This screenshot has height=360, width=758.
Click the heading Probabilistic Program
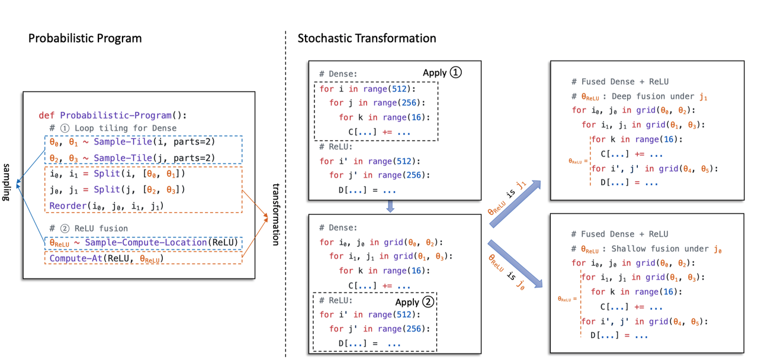pyautogui.click(x=85, y=38)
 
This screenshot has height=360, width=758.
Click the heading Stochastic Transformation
pyautogui.click(x=367, y=38)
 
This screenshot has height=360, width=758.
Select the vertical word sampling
pyautogui.click(x=8, y=183)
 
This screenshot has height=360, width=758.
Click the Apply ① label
pyautogui.click(x=441, y=73)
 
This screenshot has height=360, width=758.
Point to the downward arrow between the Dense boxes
pyautogui.click(x=390, y=205)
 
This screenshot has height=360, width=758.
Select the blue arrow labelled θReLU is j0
pyautogui.click(x=515, y=263)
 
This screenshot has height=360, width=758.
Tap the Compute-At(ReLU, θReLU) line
pyautogui.click(x=106, y=259)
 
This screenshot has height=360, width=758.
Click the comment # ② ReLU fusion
pyautogui.click(x=88, y=228)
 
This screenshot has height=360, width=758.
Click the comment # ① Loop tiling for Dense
pyautogui.click(x=113, y=128)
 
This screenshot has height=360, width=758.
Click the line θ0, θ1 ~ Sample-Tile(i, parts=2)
pyautogui.click(x=131, y=143)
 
